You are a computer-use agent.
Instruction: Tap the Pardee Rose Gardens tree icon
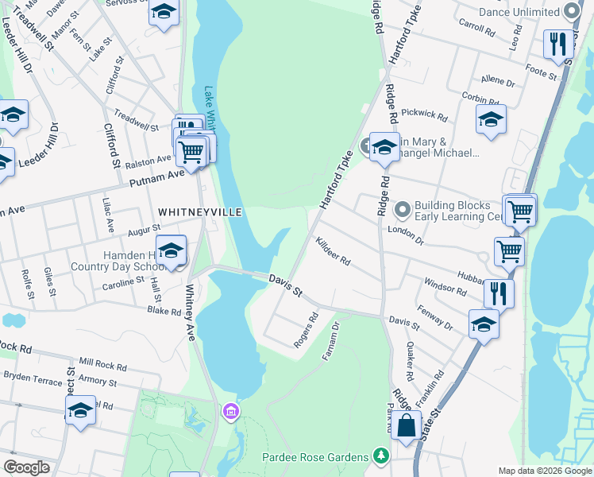click(382, 456)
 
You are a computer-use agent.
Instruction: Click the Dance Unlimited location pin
click(572, 12)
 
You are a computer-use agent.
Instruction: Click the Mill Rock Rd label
click(102, 365)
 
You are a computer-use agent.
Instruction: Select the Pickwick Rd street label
click(424, 114)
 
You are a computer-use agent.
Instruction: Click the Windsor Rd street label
click(445, 287)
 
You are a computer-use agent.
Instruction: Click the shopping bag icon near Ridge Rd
click(406, 425)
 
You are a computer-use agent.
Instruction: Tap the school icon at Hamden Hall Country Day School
click(171, 250)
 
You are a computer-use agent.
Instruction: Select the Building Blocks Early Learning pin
click(403, 210)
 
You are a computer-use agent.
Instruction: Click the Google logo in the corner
click(26, 467)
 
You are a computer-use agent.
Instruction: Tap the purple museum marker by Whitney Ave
click(230, 411)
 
